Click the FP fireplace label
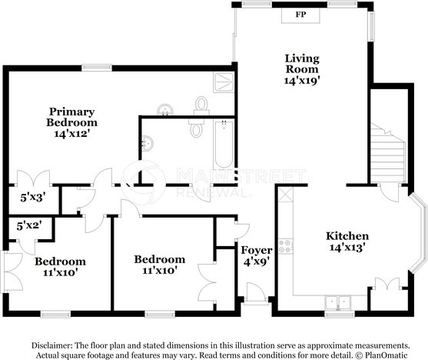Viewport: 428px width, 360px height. click(300, 15)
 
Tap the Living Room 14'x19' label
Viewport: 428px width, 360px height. click(302, 69)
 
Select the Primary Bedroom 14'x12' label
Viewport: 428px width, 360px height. click(71, 123)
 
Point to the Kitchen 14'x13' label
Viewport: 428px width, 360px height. click(347, 242)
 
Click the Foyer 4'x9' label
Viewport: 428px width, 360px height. click(257, 256)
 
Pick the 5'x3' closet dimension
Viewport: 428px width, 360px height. click(32, 198)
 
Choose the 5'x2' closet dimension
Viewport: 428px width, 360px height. click(29, 226)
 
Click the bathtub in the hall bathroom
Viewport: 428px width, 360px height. click(224, 144)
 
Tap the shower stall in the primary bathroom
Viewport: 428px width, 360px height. click(224, 82)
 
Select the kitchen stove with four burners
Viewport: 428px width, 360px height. click(286, 246)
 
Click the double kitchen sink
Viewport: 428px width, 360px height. click(338, 302)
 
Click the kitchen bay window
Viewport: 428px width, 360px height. click(418, 233)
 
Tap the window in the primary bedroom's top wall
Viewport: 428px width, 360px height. click(97, 68)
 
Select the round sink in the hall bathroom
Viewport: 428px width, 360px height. click(148, 143)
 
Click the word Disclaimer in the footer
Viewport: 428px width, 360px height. click(51, 345)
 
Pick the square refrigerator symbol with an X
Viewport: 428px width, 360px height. click(286, 195)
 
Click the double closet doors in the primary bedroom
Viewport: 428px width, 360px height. click(34, 178)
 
